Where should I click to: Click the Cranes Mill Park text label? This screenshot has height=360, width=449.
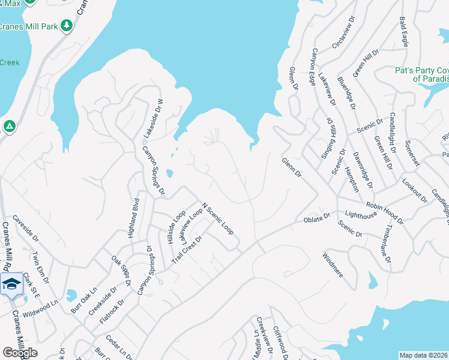28,26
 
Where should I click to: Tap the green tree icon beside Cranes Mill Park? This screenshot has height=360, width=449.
67,25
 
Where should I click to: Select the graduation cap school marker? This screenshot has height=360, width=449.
11,284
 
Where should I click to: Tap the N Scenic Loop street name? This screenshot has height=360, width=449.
218,218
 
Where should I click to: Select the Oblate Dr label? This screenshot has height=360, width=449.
318,217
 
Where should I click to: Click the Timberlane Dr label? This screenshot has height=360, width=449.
387,244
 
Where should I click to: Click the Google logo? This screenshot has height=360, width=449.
20,353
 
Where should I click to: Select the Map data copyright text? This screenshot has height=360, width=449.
424,355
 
